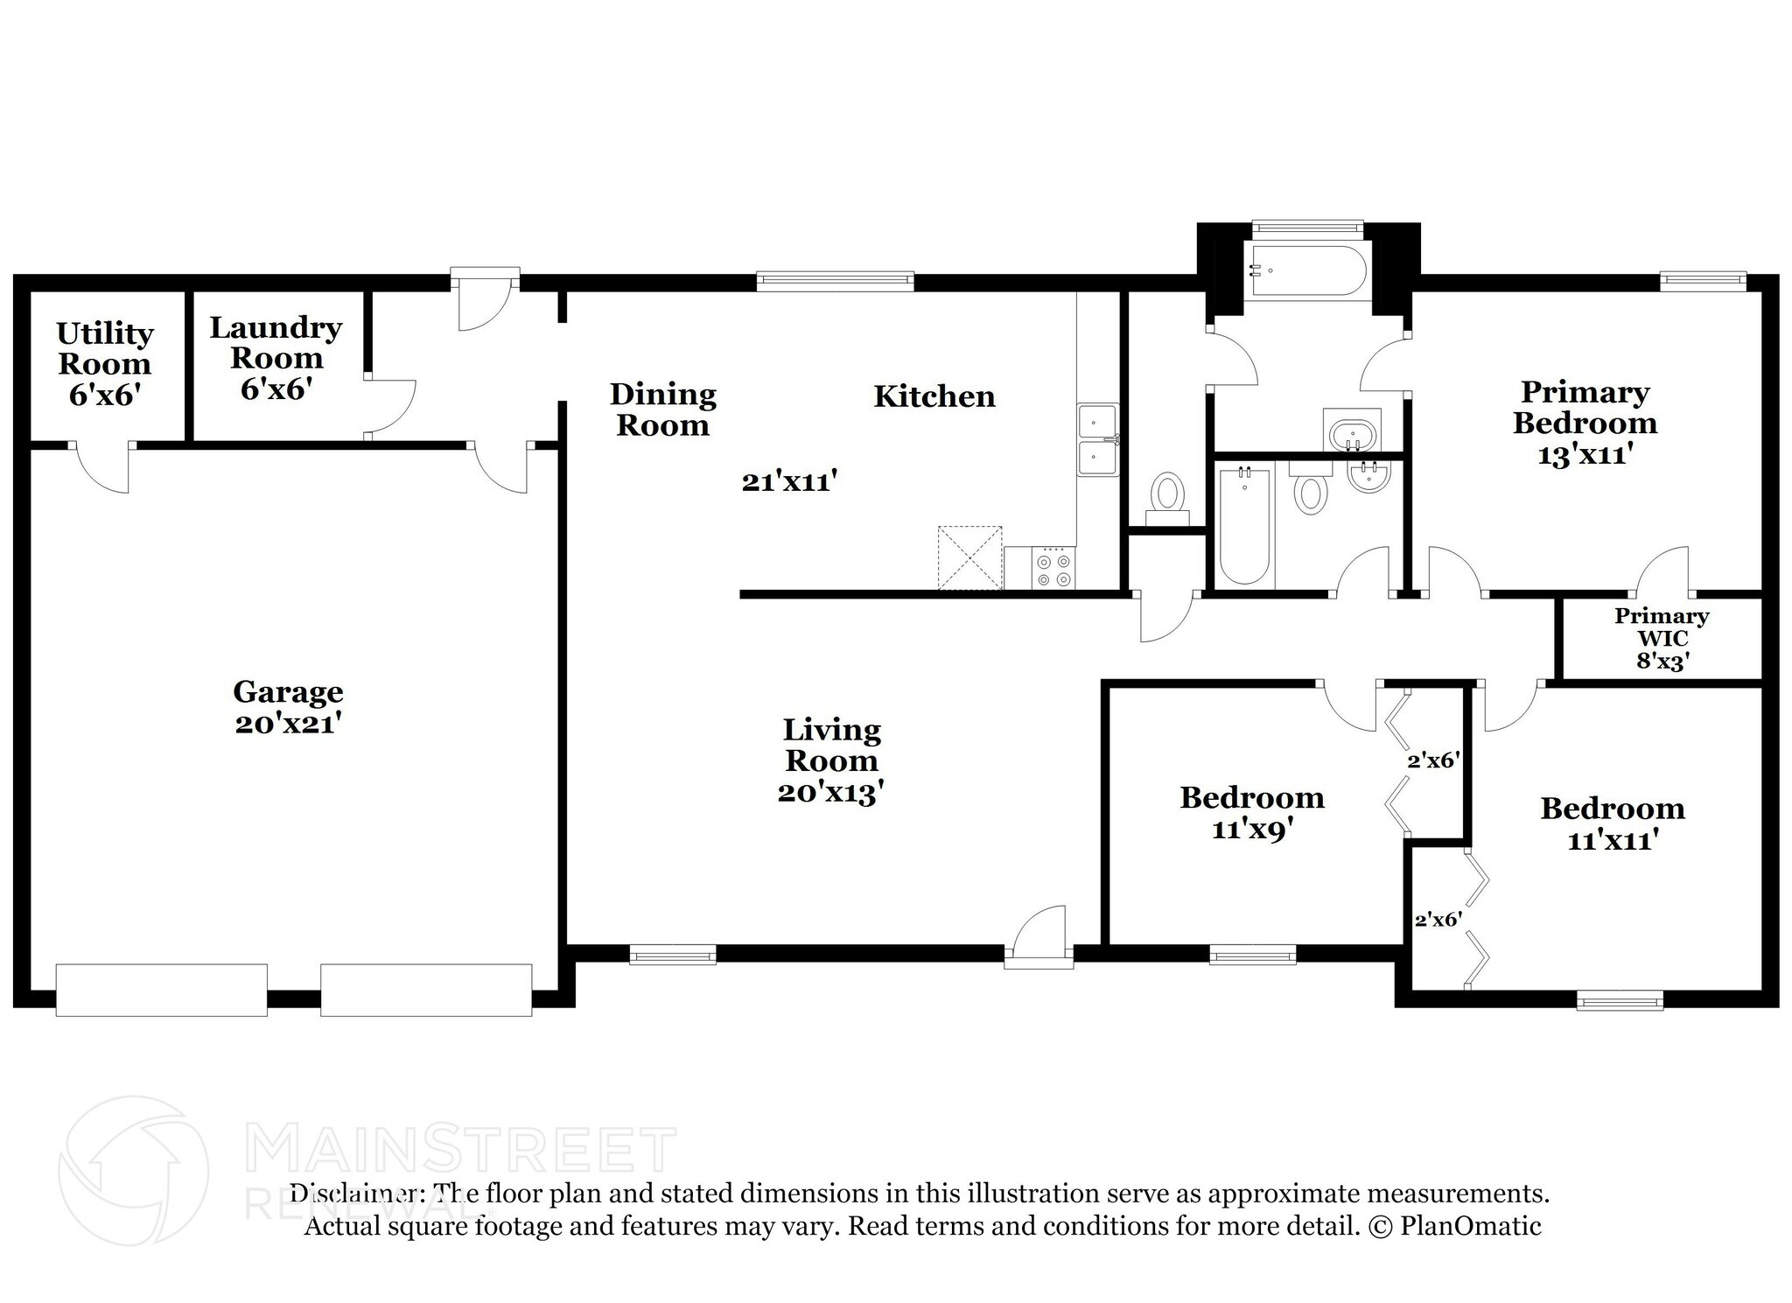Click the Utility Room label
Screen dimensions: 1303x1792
click(104, 363)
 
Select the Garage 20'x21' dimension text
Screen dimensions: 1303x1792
click(287, 724)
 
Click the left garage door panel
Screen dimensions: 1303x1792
click(161, 990)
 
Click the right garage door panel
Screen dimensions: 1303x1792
click(426, 990)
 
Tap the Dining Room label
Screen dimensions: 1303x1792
click(662, 409)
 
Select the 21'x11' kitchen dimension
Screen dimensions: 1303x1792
click(790, 481)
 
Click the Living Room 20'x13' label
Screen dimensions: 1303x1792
click(831, 760)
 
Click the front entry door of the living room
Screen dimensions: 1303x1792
click(1039, 939)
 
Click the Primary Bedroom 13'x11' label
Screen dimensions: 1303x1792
click(1585, 422)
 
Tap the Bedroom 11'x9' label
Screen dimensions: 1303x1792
click(1252, 812)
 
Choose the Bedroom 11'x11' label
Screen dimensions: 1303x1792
click(1613, 823)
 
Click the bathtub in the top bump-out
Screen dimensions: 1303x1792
click(1307, 271)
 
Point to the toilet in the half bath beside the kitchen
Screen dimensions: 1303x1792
click(1167, 496)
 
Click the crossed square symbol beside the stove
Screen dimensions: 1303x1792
click(969, 557)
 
